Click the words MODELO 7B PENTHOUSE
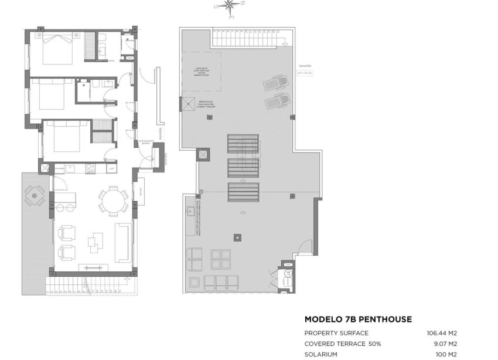(x=358, y=320)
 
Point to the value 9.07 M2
(x=445, y=344)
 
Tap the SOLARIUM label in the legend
(x=322, y=354)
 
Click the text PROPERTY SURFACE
(x=336, y=333)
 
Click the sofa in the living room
(x=123, y=242)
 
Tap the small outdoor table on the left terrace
(x=35, y=196)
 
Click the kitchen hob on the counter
(x=91, y=168)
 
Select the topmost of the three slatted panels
(x=243, y=144)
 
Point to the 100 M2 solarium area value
(x=447, y=354)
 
